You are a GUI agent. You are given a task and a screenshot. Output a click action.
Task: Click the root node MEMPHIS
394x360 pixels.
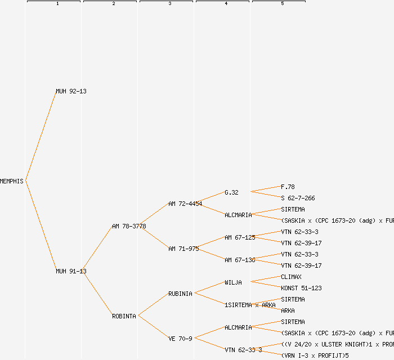tap(12, 181)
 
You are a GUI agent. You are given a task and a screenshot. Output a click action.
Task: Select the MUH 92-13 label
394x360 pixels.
tap(71, 91)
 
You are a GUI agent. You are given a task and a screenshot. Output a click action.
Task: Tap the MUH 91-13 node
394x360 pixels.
tap(71, 271)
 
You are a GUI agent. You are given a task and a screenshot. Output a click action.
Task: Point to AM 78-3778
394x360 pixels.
tap(129, 226)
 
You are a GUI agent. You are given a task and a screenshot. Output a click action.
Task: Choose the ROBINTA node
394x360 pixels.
tap(124, 316)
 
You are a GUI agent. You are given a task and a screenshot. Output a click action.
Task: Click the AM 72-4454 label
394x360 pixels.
tap(185, 204)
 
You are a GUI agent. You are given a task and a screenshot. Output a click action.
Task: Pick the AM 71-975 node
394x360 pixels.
tap(183, 249)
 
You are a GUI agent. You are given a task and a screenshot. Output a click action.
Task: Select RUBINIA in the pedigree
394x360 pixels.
tap(180, 294)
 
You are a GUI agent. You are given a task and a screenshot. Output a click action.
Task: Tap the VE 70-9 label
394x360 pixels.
tap(180, 339)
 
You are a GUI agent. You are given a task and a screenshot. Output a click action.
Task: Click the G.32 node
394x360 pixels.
tap(231, 192)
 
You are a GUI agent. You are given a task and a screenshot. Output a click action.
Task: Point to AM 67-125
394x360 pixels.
tap(240, 237)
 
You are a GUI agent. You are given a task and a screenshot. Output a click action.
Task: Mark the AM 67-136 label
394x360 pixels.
tap(240, 260)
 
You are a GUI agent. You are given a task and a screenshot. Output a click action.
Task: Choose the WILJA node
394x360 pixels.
tap(233, 282)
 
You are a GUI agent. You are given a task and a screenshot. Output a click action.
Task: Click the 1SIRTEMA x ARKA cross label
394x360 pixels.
tap(250, 305)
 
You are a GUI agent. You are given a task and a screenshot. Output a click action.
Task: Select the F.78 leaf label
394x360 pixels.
tap(288, 187)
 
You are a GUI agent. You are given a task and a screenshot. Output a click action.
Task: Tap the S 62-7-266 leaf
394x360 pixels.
tap(298, 198)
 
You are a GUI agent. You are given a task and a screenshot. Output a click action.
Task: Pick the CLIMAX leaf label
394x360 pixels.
tap(291, 277)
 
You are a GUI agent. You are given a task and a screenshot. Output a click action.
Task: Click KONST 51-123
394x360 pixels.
tap(301, 288)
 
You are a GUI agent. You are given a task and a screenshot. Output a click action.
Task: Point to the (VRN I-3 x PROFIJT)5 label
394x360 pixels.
tap(315, 355)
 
